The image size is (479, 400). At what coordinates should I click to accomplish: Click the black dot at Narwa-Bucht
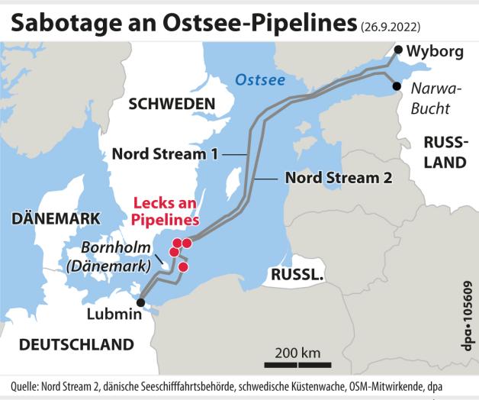point(397,86)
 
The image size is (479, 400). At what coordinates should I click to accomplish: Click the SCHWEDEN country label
point(171,104)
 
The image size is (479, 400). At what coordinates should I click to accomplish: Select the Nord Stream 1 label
point(165,153)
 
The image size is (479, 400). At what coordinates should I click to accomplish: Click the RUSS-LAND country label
point(445,152)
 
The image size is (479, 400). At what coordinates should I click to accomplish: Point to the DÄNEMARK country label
point(56,218)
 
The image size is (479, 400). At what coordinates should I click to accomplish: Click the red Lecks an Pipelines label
point(166,211)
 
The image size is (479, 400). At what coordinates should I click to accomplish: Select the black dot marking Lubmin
point(140,302)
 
